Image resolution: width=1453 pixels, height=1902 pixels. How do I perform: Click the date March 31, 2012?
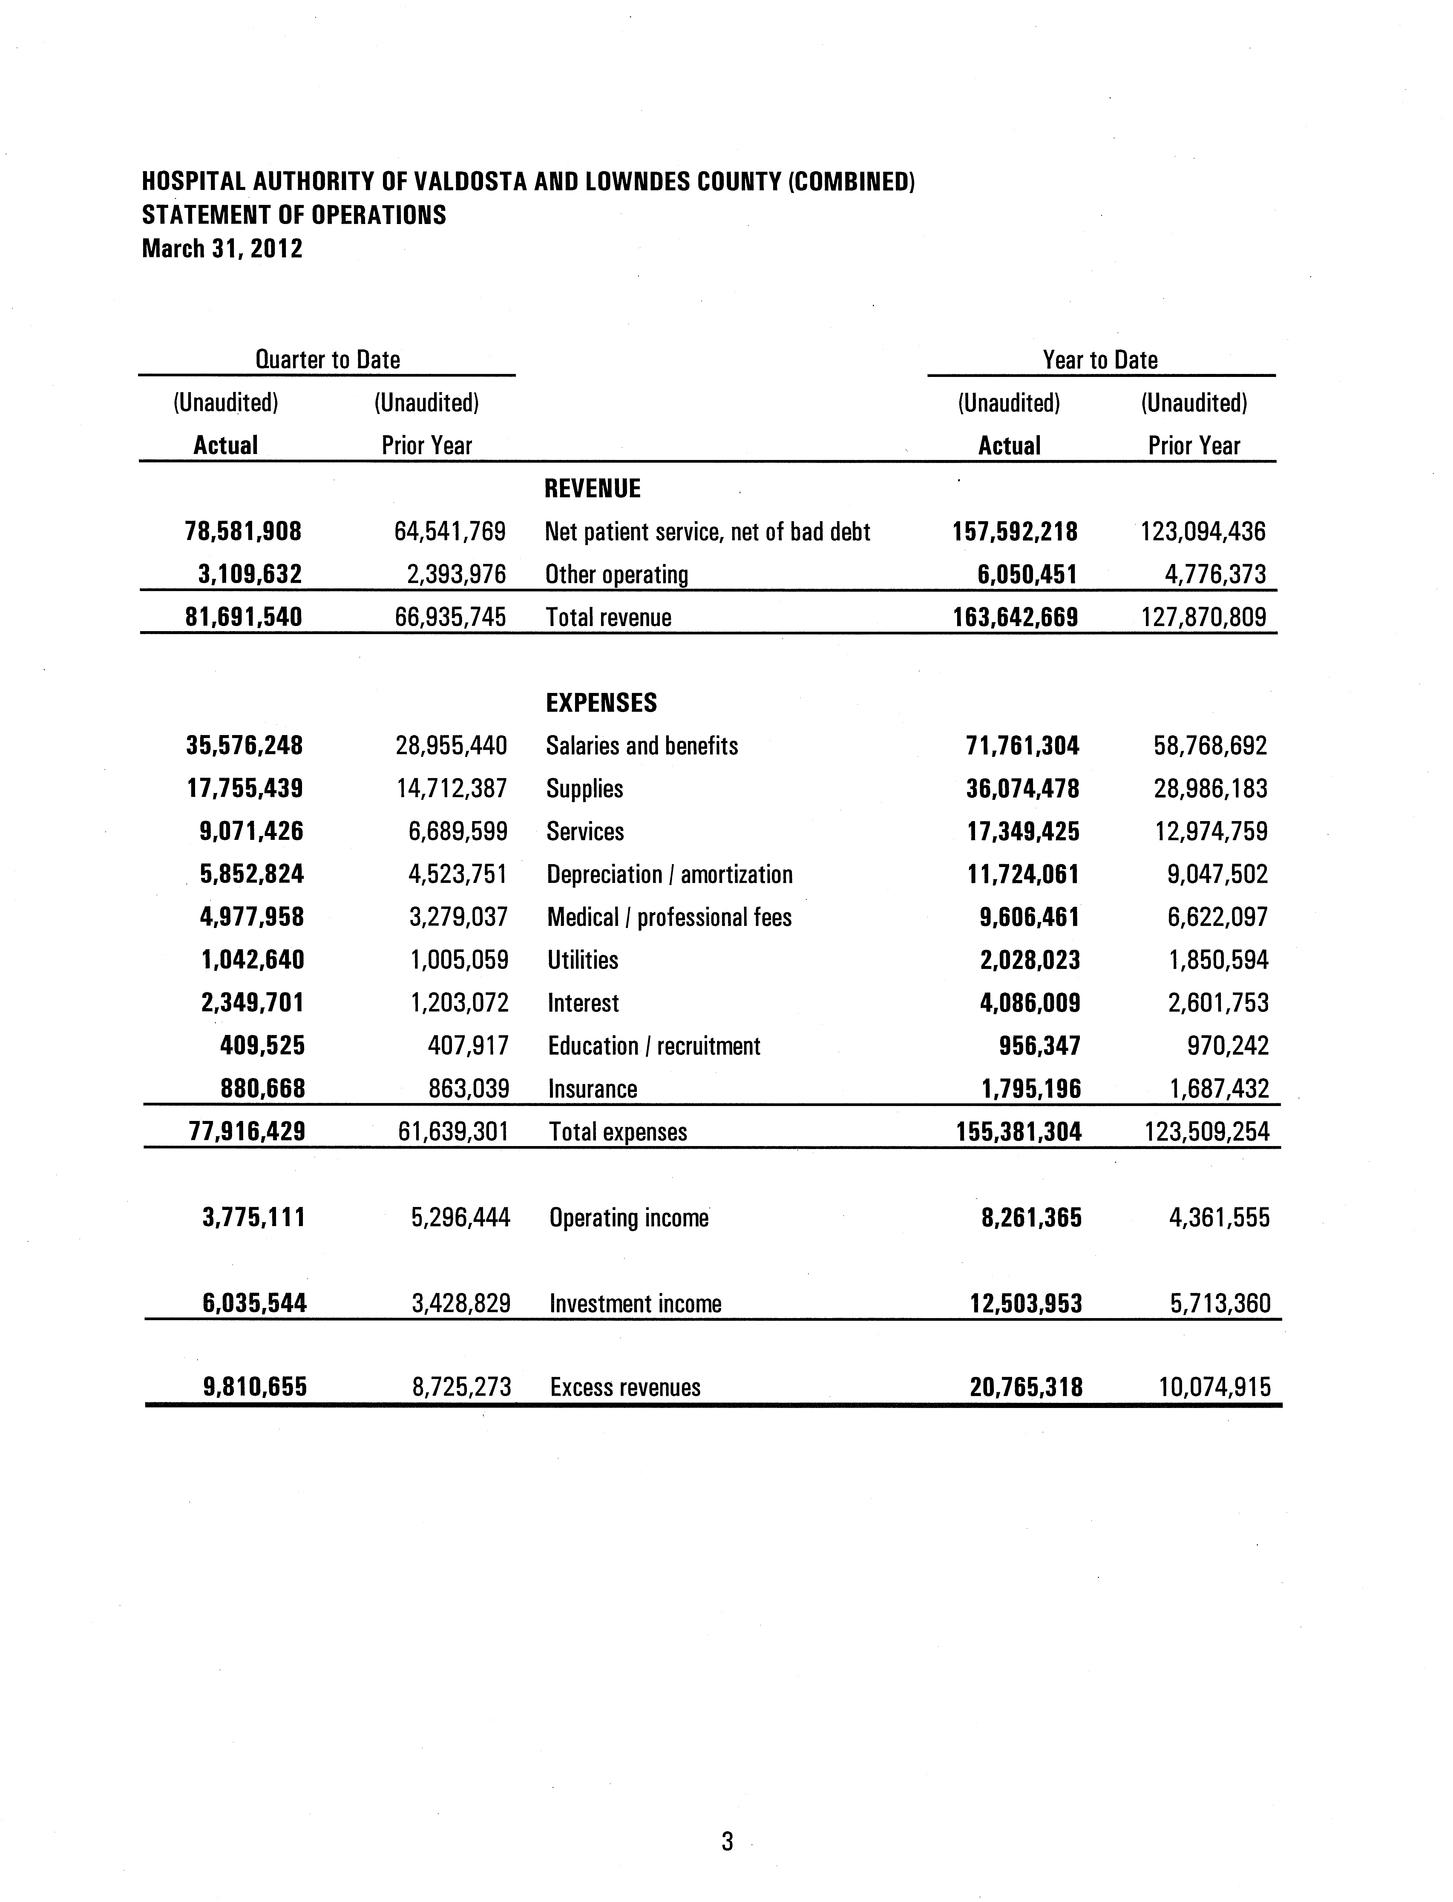222,249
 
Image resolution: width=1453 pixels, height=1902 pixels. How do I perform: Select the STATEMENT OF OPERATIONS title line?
294,215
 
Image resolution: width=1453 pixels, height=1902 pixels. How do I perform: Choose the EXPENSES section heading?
601,703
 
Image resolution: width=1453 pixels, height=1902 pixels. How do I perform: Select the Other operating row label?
617,575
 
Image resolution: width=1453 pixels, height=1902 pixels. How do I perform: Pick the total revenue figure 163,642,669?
1015,617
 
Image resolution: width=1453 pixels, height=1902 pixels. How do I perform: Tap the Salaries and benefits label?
642,746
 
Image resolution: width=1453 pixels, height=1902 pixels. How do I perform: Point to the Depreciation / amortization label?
669,875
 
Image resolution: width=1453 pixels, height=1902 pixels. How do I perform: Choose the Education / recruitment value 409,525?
262,1046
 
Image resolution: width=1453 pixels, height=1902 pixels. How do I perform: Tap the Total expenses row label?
617,1133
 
